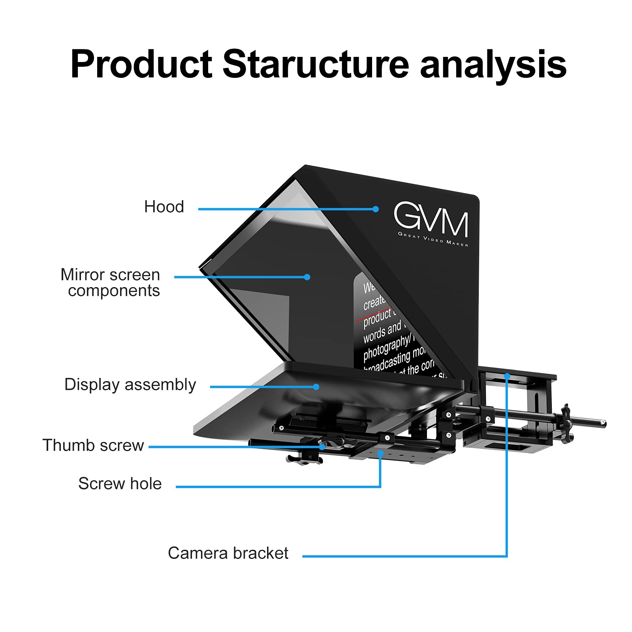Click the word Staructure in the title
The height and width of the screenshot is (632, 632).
pyautogui.click(x=316, y=64)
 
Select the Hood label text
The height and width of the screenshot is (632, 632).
pyautogui.click(x=164, y=207)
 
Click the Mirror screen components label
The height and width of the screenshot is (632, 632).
pyautogui.click(x=110, y=282)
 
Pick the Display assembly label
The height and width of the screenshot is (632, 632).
pyautogui.click(x=130, y=384)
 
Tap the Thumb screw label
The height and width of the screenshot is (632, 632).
pyautogui.click(x=93, y=445)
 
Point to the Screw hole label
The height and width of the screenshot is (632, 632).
pyautogui.click(x=120, y=483)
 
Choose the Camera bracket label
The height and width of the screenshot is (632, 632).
pyautogui.click(x=228, y=553)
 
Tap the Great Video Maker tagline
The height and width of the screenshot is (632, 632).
pyautogui.click(x=433, y=239)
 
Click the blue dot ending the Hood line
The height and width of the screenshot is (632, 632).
pyautogui.click(x=376, y=209)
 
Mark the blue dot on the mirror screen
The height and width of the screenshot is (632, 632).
pyautogui.click(x=307, y=277)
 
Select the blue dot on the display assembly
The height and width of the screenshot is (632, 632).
pyautogui.click(x=316, y=387)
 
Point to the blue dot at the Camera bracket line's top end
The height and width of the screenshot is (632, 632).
pyautogui.click(x=507, y=376)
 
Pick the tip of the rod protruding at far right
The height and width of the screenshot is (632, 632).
pyautogui.click(x=603, y=423)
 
